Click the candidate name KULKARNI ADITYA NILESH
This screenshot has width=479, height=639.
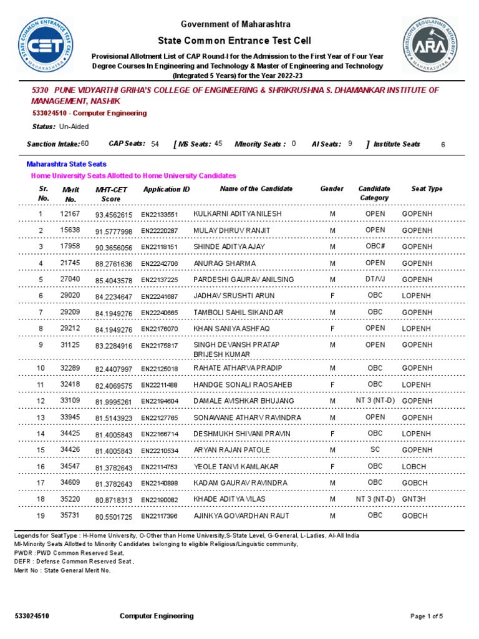coord(238,213)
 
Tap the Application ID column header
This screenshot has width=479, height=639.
coord(167,189)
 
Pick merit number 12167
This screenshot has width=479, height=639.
coord(70,214)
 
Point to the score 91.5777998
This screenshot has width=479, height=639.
coord(114,232)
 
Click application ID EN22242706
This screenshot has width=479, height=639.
coord(159,264)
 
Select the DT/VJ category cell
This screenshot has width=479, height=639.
coord(375,280)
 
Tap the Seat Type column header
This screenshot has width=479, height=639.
coord(427,188)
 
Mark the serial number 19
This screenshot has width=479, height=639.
coord(41,516)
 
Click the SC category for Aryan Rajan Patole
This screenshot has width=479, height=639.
coord(375,450)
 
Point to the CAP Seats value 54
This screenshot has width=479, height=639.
coord(155,144)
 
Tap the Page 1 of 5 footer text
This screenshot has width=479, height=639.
coord(427,617)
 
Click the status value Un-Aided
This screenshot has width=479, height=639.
coord(74,127)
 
